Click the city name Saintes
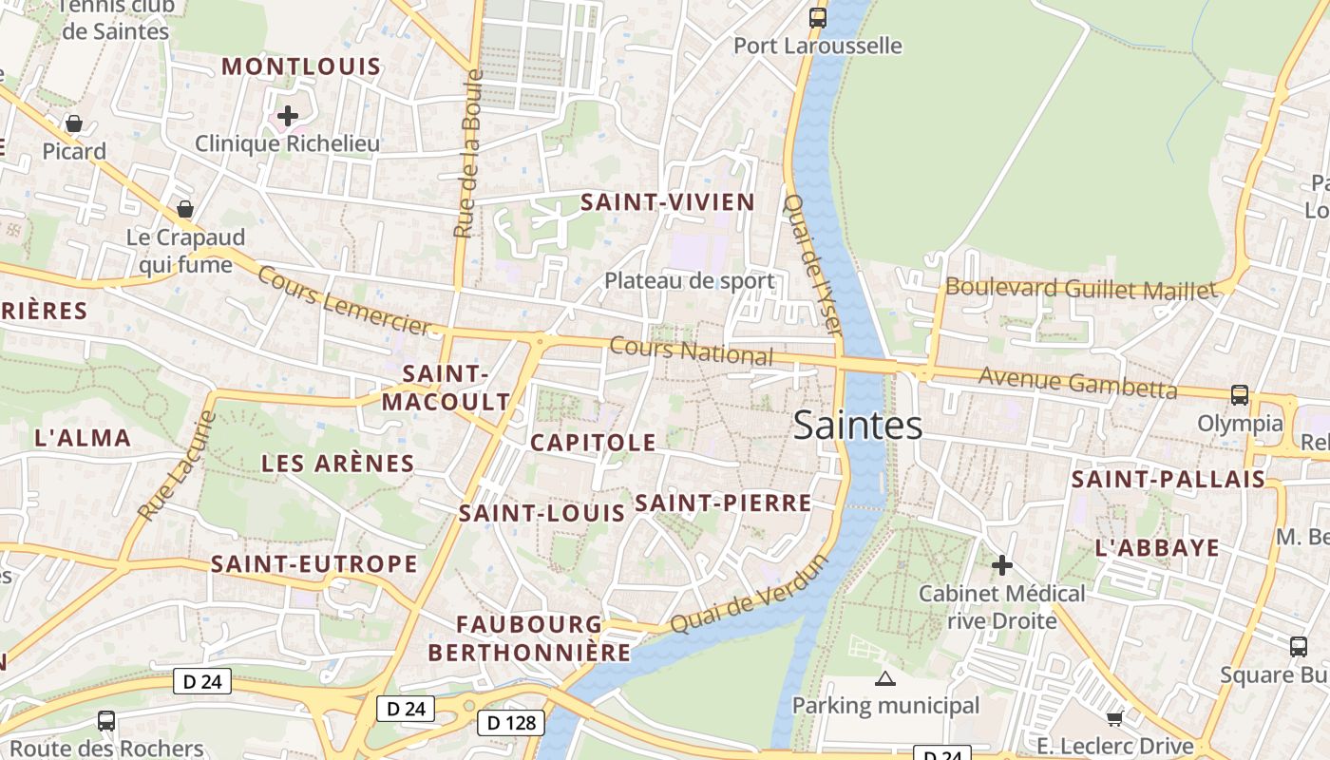[857, 426]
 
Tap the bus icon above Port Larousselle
[817, 17]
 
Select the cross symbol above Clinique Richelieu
[288, 117]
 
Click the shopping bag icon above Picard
[73, 123]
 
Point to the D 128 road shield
[510, 723]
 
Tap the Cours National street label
[691, 351]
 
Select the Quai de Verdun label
[750, 595]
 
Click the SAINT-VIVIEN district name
[667, 202]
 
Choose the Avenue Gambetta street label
[1077, 383]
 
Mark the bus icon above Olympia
[1239, 394]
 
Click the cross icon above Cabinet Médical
[1001, 566]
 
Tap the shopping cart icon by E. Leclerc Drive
[1115, 717]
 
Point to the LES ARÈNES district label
[337, 464]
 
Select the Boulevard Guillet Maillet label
[1080, 289]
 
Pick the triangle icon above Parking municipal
[885, 678]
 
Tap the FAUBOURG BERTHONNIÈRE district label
[529, 638]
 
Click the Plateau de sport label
[690, 281]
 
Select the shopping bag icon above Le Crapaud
[185, 209]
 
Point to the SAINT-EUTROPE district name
[313, 564]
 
